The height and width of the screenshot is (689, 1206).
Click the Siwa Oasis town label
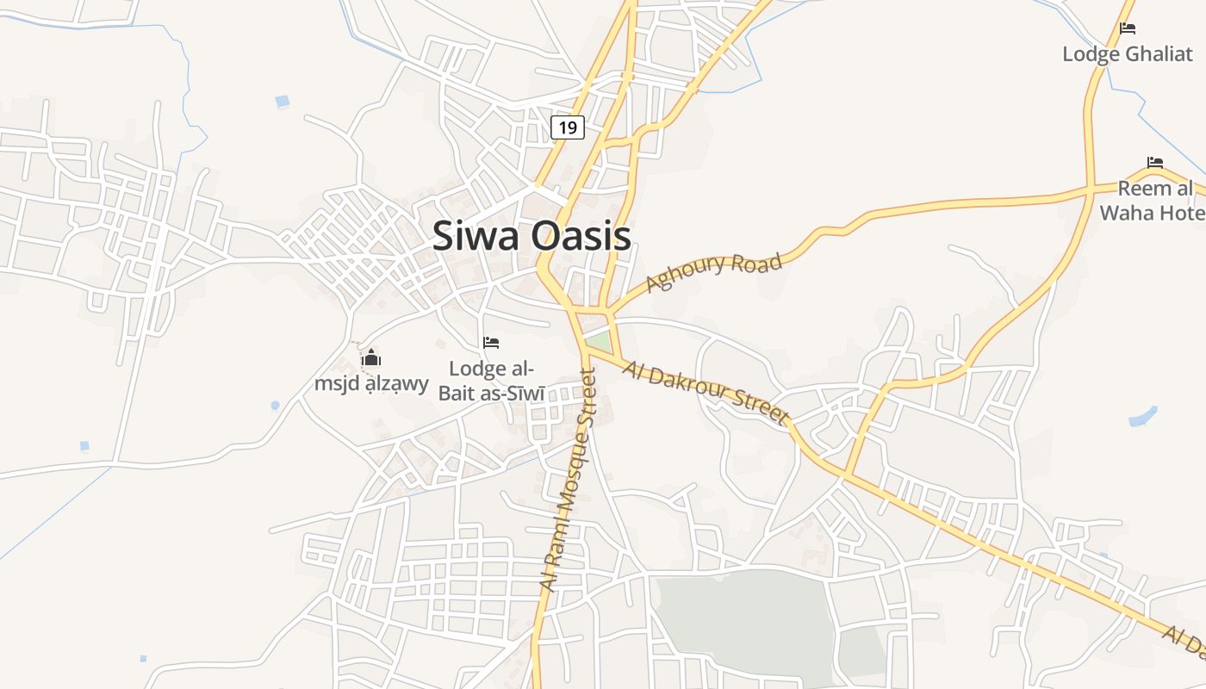531,236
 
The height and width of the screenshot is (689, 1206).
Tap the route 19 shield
567,127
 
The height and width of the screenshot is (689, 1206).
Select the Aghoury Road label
714,272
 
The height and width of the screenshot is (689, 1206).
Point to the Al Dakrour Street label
706,394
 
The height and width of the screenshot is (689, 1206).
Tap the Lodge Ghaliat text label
1127,54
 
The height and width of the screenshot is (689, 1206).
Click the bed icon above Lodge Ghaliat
1127,28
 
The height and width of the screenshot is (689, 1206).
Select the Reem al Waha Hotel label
1154,201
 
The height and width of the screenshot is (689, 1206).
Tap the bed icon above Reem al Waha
1155,162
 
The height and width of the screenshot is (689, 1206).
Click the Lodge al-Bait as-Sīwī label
492,382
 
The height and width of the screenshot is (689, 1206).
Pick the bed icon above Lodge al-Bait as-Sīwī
491,343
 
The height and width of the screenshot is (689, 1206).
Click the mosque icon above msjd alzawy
371,357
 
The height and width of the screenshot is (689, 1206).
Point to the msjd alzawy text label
371,383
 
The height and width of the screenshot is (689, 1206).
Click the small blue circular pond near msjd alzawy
275,405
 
